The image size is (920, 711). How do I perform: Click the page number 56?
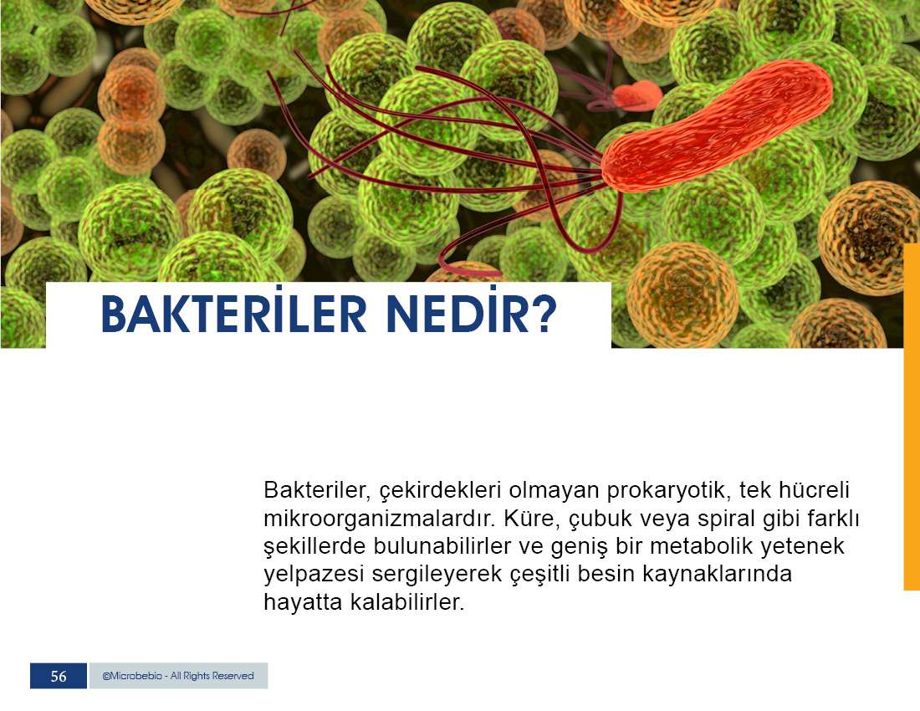(59, 677)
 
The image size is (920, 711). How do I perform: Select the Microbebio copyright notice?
(178, 676)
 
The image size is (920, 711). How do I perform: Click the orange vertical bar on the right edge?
(912, 417)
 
